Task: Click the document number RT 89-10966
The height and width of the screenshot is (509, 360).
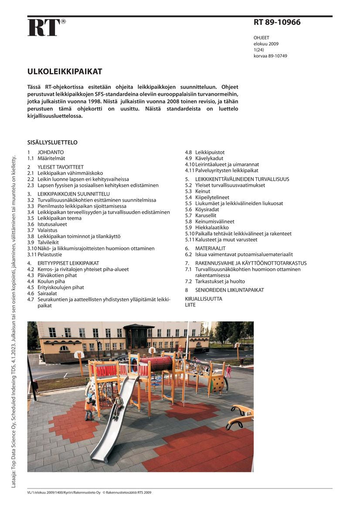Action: click(277, 22)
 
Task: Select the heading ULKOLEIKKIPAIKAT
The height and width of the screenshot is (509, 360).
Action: click(65, 71)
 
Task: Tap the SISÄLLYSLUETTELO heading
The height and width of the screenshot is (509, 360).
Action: click(52, 142)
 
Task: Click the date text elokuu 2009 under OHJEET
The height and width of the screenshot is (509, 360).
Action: click(266, 44)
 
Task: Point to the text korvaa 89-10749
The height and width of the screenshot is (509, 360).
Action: click(270, 56)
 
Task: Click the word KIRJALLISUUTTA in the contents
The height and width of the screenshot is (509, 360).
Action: click(204, 299)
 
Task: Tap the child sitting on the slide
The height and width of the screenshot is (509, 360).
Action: click(118, 405)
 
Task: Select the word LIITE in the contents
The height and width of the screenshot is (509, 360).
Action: click(190, 305)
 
